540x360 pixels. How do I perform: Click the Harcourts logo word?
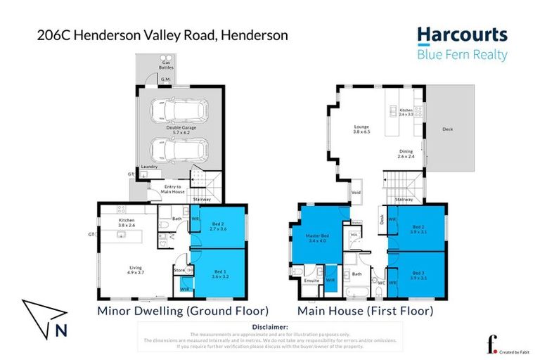[x=461, y=36]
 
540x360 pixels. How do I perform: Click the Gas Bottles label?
[x=166, y=64]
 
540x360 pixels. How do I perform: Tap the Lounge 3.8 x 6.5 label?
[x=361, y=130]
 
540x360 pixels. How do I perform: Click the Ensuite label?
[x=311, y=281]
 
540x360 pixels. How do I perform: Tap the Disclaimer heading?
[x=270, y=327]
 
